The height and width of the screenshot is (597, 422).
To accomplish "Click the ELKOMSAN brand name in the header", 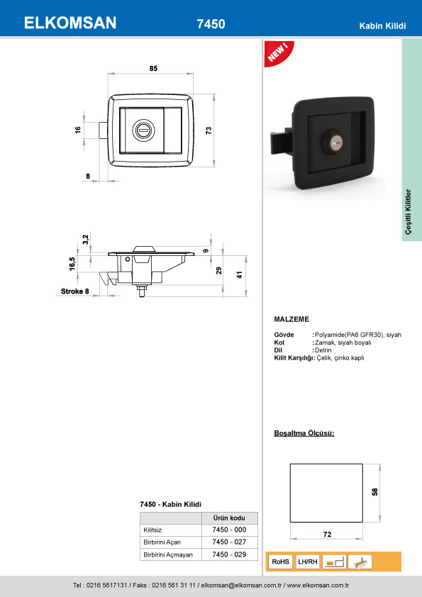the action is click(70, 23).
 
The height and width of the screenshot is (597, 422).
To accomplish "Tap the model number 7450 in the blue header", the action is click(211, 24).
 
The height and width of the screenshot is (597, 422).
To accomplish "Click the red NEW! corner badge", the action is click(278, 52).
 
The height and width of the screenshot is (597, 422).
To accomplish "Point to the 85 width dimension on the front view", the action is click(153, 69).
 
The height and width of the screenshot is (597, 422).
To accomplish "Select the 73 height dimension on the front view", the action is click(209, 130).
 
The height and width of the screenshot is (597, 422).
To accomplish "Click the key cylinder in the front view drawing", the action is click(143, 130).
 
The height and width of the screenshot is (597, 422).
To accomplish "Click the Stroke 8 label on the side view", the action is click(74, 291).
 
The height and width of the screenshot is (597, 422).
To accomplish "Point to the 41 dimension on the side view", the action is click(240, 275).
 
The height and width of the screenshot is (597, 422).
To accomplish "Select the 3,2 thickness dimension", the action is click(86, 239).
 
